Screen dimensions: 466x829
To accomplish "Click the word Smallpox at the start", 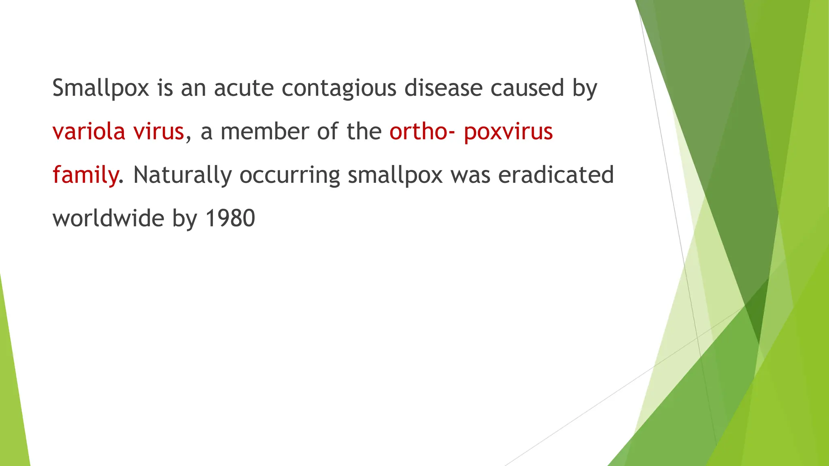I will click(x=101, y=88).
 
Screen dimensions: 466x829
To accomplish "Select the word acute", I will click(x=244, y=88).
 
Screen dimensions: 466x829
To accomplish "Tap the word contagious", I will click(x=339, y=89).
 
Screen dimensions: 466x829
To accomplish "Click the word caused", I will click(x=527, y=88).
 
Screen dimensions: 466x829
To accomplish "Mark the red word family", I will click(x=85, y=175).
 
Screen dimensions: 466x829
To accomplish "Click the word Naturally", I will click(x=182, y=175).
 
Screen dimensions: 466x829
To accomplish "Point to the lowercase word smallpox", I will click(x=395, y=175).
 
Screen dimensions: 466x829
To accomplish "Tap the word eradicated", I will click(x=556, y=175).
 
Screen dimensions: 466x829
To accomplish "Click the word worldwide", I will click(x=108, y=218).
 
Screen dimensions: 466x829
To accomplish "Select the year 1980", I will click(x=230, y=218).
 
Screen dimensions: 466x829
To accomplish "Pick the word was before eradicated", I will click(x=470, y=175).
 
